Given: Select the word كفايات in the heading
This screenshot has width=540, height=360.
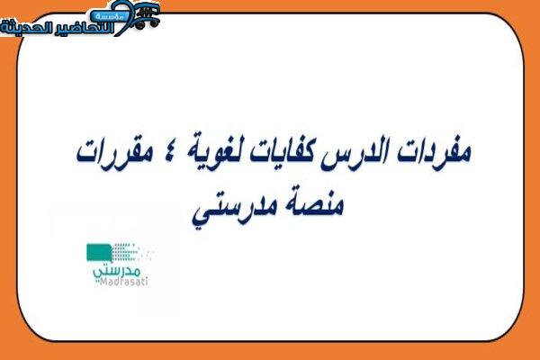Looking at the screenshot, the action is [280, 153].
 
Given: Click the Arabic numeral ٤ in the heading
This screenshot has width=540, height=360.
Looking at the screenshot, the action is [169, 151].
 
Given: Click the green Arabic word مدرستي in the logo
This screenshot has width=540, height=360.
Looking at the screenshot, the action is [116, 270].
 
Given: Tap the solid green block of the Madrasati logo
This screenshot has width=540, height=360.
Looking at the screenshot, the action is [99, 253].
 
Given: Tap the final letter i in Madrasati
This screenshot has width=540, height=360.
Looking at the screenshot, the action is [146, 282].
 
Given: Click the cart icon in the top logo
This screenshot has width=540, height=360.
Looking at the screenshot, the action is [146, 14].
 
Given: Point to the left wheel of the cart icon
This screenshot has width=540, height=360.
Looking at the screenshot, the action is [140, 24].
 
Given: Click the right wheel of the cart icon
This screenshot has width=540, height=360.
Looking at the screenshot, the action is [154, 22].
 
